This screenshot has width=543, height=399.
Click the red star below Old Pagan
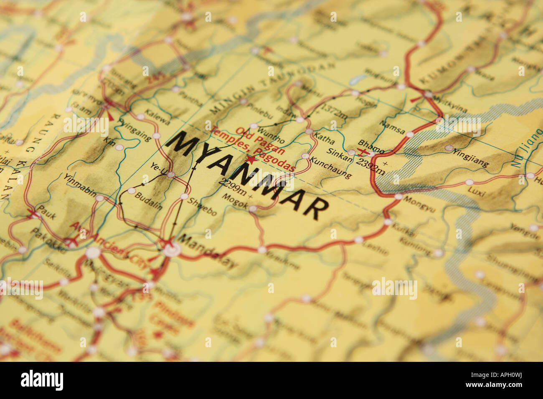click(251, 159)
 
